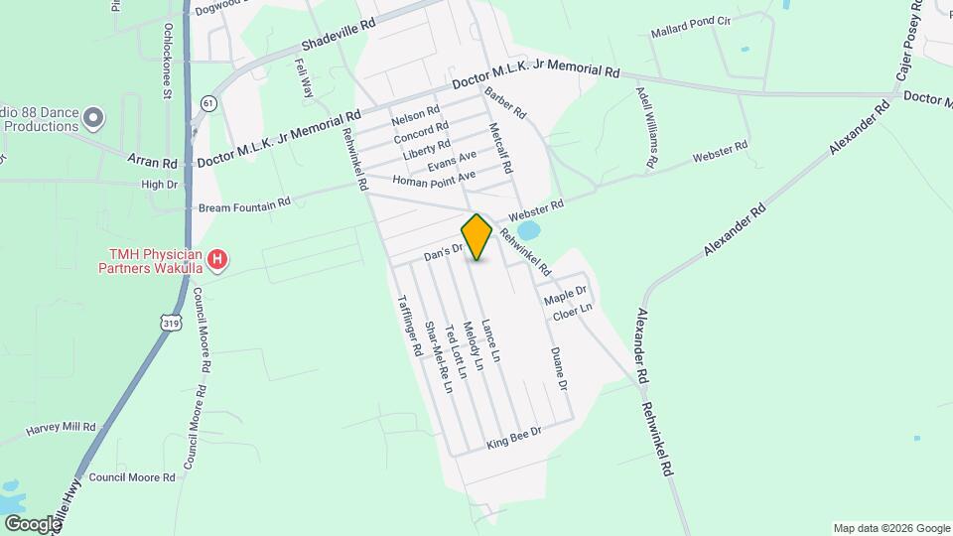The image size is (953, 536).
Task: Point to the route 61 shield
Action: click(x=206, y=103)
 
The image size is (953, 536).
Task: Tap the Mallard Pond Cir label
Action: click(x=690, y=33)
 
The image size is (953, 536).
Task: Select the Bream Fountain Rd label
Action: click(x=244, y=203)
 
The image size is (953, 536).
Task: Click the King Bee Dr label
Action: click(x=513, y=438)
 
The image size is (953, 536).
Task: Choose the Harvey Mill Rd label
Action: click(x=61, y=429)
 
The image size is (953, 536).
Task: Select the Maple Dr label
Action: click(x=565, y=296)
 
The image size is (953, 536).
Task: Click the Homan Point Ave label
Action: click(x=434, y=180)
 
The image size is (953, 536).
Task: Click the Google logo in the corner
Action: click(x=32, y=523)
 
